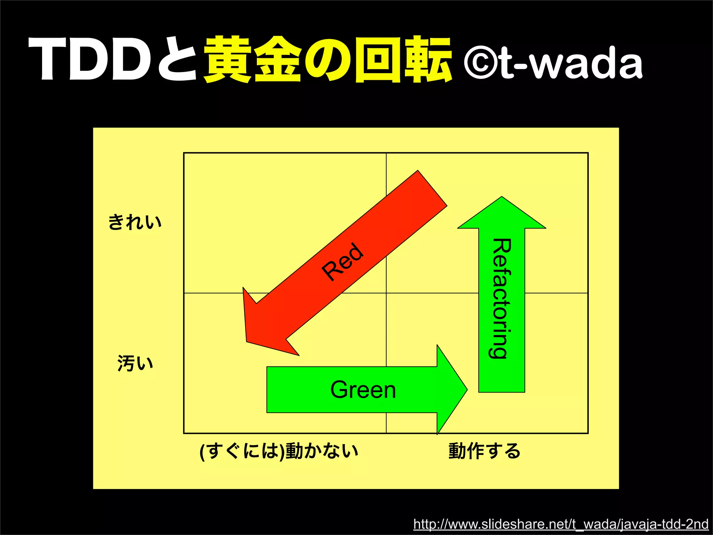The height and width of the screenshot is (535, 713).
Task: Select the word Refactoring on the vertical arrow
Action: (x=501, y=298)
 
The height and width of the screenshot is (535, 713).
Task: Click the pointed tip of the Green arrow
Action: (x=467, y=390)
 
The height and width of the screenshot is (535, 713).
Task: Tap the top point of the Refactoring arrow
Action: (x=502, y=197)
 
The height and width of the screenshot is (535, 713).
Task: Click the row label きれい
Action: (x=135, y=222)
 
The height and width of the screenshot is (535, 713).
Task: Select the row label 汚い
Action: (x=135, y=363)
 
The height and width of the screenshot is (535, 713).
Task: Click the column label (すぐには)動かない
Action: (x=279, y=451)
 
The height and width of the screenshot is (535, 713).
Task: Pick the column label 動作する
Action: (x=484, y=451)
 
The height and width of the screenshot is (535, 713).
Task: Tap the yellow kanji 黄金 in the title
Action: (x=252, y=59)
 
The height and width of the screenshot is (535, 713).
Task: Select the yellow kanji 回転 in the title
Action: (x=403, y=59)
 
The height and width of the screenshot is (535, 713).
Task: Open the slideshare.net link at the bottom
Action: (x=561, y=524)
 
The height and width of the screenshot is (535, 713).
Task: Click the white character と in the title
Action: (x=178, y=59)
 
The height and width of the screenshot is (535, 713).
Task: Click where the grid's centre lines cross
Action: (x=386, y=293)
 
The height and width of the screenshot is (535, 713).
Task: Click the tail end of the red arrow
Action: (x=432, y=188)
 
